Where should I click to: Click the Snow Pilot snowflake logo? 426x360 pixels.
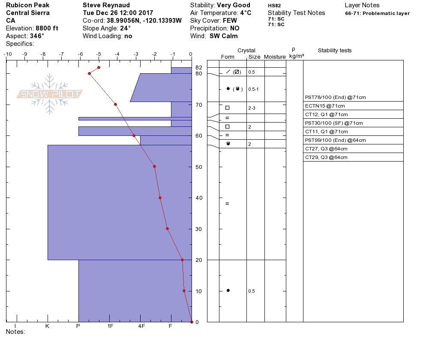pyautogui.click(x=50, y=94)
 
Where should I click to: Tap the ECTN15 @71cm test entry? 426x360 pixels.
pyautogui.click(x=325, y=106)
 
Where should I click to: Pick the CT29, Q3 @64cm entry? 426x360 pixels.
pyautogui.click(x=326, y=157)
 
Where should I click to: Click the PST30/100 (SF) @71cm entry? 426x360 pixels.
pyautogui.click(x=334, y=123)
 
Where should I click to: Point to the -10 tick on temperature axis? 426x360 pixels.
pyautogui.click(x=7, y=54)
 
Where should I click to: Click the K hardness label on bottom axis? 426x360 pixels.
pyautogui.click(x=47, y=326)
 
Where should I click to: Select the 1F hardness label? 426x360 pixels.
pyautogui.click(x=110, y=326)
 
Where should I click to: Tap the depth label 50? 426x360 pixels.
pyautogui.click(x=199, y=167)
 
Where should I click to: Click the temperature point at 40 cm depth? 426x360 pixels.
pyautogui.click(x=160, y=198)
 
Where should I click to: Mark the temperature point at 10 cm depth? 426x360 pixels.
pyautogui.click(x=184, y=291)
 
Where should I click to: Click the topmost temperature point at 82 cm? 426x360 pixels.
pyautogui.click(x=99, y=67)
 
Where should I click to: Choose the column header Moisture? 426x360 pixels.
pyautogui.click(x=275, y=57)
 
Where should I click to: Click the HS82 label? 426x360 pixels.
pyautogui.click(x=274, y=6)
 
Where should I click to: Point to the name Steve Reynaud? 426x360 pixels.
pyautogui.click(x=106, y=5)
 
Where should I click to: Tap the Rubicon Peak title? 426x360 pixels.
pyautogui.click(x=27, y=5)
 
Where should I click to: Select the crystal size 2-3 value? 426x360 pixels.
pyautogui.click(x=252, y=108)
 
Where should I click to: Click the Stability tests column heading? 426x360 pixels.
pyautogui.click(x=334, y=51)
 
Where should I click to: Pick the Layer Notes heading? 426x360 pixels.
pyautogui.click(x=362, y=5)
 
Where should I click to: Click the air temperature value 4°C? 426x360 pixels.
pyautogui.click(x=246, y=13)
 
